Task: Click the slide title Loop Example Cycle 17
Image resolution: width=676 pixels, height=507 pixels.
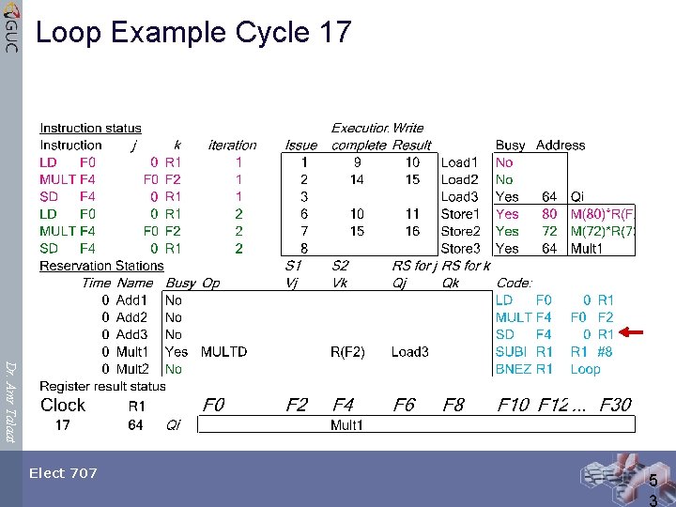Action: point(193,33)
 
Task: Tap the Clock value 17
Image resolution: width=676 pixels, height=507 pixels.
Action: point(62,425)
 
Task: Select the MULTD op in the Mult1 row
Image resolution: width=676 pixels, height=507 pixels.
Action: point(223,352)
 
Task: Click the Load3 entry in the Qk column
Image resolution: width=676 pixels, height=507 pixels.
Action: point(409,352)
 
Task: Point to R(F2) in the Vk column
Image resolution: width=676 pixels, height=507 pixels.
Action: point(347,352)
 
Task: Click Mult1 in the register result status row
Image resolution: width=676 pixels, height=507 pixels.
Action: point(347,425)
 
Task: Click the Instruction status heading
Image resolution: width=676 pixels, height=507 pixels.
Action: point(90,129)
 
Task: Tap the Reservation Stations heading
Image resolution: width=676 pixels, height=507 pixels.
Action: point(101,266)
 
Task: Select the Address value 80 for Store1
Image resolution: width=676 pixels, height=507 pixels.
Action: point(549,214)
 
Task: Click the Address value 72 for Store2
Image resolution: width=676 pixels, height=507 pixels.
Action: point(549,231)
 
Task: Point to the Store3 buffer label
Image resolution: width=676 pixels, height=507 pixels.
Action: point(460,249)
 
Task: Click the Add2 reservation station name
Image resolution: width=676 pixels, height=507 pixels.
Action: point(131,317)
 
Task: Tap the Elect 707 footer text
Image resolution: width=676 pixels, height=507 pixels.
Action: point(63,473)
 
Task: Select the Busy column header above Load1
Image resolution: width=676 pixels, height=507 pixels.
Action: point(510,146)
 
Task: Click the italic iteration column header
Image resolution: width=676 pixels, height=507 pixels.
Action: point(232,146)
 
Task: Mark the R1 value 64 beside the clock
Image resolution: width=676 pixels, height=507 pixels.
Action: point(135,425)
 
